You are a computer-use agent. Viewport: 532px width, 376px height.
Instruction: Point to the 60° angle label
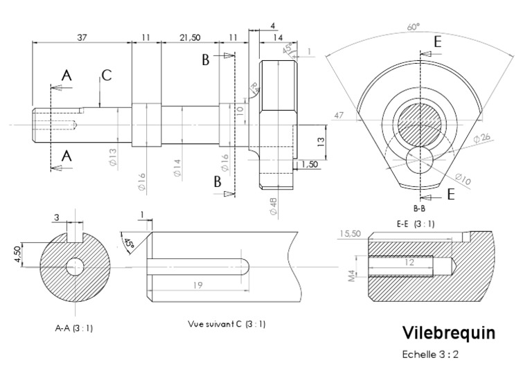[x=414, y=27]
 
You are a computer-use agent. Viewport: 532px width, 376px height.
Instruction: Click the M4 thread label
[x=352, y=276]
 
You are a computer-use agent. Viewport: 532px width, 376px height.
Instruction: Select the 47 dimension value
[x=339, y=114]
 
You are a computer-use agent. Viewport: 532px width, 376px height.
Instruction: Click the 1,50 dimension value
[x=310, y=164]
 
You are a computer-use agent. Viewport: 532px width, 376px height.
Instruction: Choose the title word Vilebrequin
[x=449, y=333]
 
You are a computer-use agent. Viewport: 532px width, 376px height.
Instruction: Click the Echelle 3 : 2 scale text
[x=431, y=355]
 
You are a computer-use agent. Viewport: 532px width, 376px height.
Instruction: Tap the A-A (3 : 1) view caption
[x=74, y=328]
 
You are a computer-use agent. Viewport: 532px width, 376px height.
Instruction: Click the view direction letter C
[x=106, y=75]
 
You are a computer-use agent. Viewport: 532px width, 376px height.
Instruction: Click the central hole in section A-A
[x=75, y=266]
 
